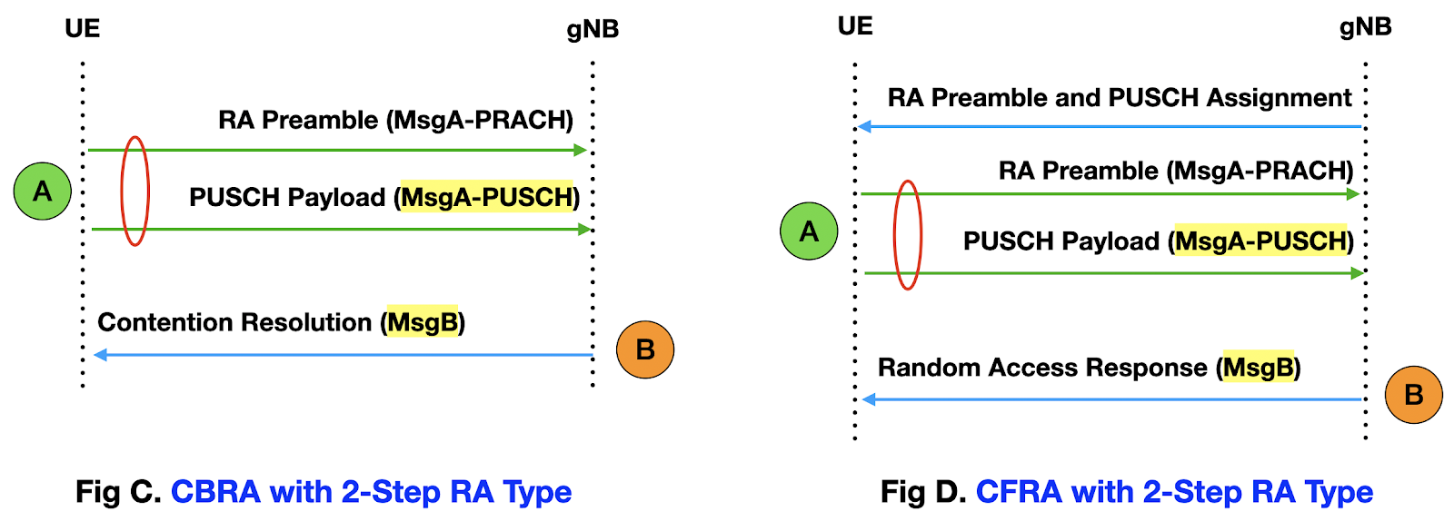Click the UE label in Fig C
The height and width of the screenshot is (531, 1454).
(x=82, y=28)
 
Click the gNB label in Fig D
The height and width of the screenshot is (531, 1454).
(x=1365, y=27)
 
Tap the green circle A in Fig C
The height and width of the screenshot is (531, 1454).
(x=43, y=192)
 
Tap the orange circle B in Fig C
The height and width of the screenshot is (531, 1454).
(x=645, y=349)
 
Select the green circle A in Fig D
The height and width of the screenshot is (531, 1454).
(x=809, y=231)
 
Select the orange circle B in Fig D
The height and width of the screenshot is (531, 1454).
(x=1413, y=395)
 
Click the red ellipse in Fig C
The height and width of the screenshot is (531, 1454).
(x=134, y=191)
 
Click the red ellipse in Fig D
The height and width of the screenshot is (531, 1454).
(x=908, y=235)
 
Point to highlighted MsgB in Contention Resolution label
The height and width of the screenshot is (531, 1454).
(x=423, y=322)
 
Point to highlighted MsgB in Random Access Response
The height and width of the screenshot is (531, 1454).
(x=1259, y=368)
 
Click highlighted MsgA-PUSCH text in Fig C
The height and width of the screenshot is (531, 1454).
(x=487, y=197)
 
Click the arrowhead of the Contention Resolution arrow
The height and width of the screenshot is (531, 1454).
(x=100, y=355)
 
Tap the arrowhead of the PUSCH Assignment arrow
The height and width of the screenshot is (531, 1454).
(x=864, y=126)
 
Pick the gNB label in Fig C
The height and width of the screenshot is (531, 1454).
(x=593, y=29)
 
